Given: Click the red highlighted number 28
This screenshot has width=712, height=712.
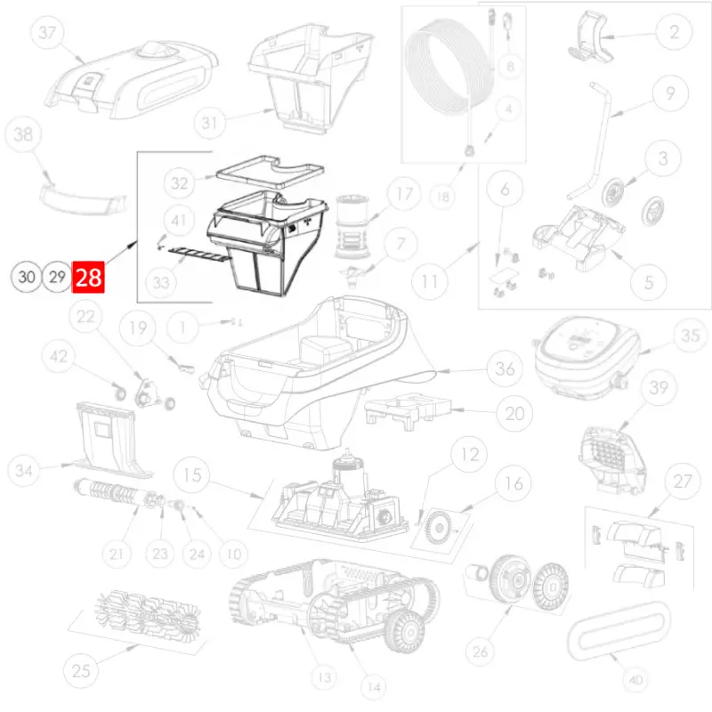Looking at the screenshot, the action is [88, 277].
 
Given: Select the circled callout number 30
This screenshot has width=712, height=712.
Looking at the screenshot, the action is [27, 277].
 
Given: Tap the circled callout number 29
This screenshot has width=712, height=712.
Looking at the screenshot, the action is [57, 277].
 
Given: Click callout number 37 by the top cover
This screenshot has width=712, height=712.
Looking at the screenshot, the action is [47, 32].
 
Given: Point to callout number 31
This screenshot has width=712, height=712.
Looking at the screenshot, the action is [209, 123].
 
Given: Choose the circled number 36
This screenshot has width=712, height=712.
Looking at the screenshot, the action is [505, 368].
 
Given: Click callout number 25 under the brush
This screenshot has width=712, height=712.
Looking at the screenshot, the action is [81, 671].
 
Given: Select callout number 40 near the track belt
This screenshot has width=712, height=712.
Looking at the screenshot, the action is [636, 680].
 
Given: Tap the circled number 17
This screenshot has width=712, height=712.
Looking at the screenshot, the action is [405, 194].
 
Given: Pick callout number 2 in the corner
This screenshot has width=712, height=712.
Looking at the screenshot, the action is [674, 32].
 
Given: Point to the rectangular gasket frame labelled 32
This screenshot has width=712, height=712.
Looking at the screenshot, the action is [271, 172].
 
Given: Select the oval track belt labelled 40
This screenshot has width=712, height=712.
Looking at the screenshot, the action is [619, 632].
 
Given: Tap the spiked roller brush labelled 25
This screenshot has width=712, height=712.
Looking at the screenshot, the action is [147, 613].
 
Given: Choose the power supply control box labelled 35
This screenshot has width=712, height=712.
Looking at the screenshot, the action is [587, 358].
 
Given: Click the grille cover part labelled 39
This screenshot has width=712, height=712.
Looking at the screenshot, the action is [611, 459].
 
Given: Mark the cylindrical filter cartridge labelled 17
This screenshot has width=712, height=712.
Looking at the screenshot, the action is [352, 226].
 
